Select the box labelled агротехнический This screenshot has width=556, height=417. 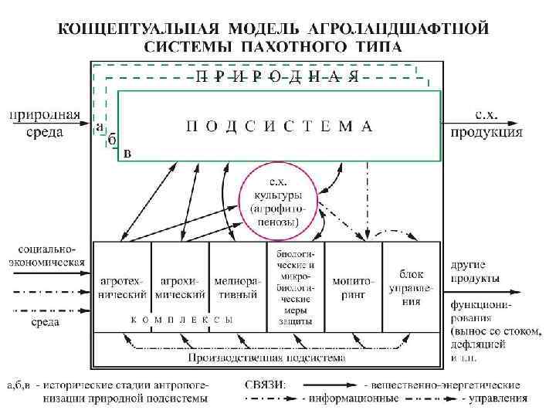tap(123, 286)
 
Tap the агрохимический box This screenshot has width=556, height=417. tap(181, 286)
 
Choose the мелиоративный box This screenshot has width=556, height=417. tap(238, 286)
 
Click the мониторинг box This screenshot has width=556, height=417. tap(353, 286)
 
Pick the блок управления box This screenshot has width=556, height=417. tap(412, 286)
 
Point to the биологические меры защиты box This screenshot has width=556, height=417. tap(295, 286)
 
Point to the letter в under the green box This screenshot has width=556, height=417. tap(127, 154)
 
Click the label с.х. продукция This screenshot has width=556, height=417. tap(486, 124)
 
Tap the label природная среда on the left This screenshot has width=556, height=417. tap(45, 124)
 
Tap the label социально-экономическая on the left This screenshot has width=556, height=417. tap(45, 256)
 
